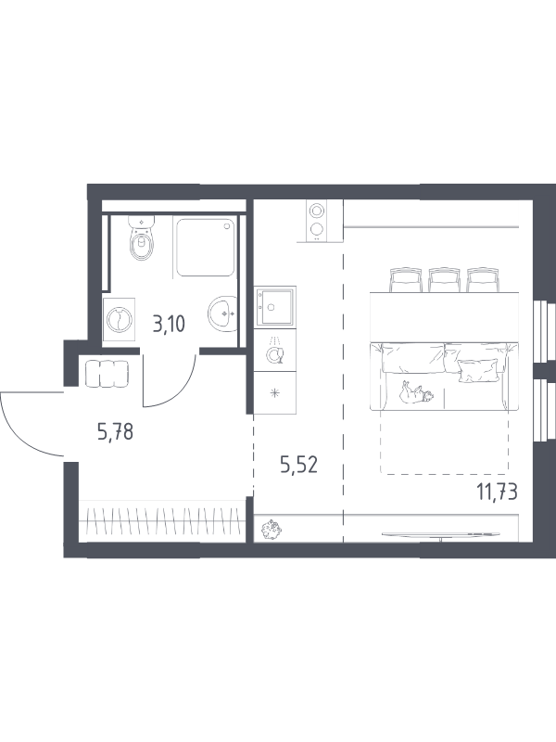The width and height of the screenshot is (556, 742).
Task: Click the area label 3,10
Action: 169,325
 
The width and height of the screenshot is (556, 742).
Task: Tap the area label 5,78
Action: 115,432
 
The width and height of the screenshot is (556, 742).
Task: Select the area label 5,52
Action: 298,466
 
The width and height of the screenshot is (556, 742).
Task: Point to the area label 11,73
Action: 497,493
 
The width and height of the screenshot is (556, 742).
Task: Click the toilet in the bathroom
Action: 142,238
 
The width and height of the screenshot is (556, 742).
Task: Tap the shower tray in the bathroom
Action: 206,247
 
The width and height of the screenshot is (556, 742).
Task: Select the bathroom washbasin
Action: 222,313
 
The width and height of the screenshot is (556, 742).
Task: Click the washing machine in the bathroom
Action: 119,320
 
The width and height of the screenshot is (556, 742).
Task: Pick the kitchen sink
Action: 274,306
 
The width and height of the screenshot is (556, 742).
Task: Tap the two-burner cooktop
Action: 317,221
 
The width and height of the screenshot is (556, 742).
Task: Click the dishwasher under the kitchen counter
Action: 274,351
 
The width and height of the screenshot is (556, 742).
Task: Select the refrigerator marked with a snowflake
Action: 274,392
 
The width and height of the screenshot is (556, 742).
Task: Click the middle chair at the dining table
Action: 445,280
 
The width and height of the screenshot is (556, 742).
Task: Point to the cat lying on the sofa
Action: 416,392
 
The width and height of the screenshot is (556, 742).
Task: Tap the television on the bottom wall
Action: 441,535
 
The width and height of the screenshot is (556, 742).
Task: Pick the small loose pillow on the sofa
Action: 478,370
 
